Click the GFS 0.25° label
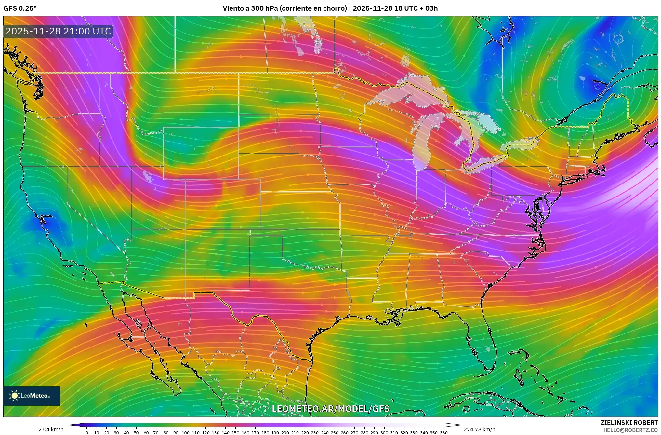pyautogui.click(x=20, y=8)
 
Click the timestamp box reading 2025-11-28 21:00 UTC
pyautogui.click(x=58, y=31)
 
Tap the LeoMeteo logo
pyautogui.click(x=32, y=396)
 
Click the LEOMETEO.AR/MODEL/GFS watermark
pyautogui.click(x=330, y=409)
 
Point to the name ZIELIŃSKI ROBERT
pyautogui.click(x=629, y=423)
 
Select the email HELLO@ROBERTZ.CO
pyautogui.click(x=630, y=430)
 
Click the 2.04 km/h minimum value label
pyautogui.click(x=51, y=429)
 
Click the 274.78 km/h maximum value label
pyautogui.click(x=479, y=429)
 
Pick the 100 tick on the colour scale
pyautogui.click(x=185, y=433)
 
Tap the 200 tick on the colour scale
pyautogui.click(x=285, y=433)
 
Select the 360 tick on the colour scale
pyautogui.click(x=443, y=433)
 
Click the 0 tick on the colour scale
pyautogui.click(x=87, y=433)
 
